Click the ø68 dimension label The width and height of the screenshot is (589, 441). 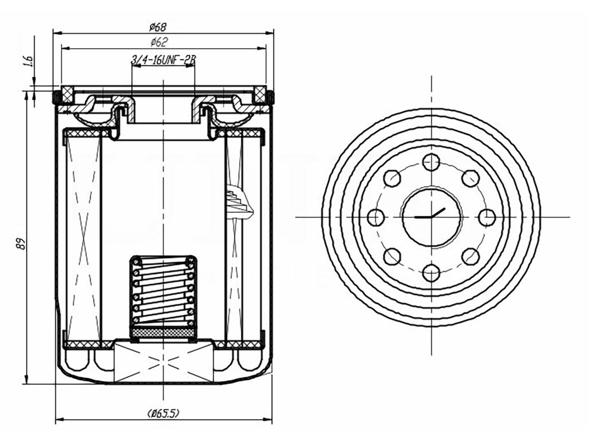[158, 27]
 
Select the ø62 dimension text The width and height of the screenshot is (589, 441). [158, 42]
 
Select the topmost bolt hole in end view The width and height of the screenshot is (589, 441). [431, 162]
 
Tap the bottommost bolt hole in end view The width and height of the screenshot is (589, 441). [431, 273]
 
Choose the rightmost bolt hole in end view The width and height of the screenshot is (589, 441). [487, 217]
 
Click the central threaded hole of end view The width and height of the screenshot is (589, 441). [431, 217]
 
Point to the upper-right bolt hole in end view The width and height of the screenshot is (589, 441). [470, 178]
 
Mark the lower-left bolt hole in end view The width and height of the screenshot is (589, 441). [393, 256]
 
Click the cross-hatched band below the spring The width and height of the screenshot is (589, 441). [163, 332]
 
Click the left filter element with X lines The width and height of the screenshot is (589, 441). [84, 237]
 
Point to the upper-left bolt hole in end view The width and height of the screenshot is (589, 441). [393, 178]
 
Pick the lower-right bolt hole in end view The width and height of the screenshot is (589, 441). [470, 256]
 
